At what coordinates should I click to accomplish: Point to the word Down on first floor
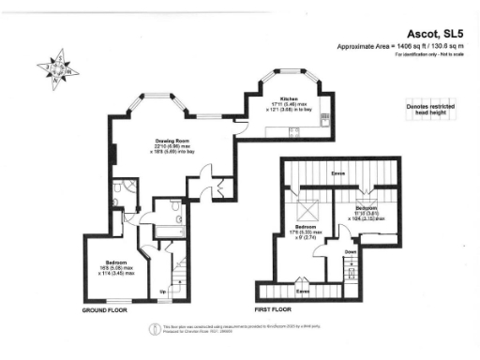point(349,251)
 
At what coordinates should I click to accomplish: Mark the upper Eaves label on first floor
point(338,174)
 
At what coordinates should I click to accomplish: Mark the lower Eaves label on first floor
point(302,279)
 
